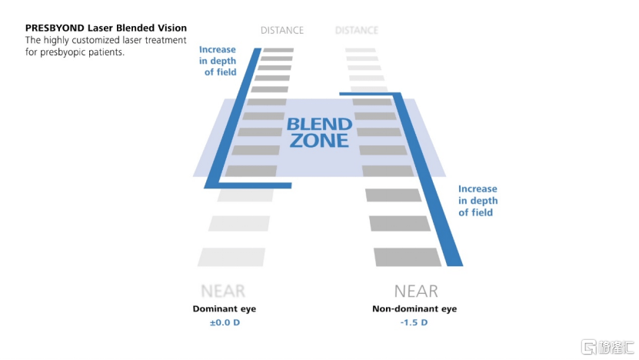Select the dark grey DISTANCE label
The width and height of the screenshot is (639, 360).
(x=281, y=31)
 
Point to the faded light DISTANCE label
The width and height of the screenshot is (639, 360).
(x=357, y=31)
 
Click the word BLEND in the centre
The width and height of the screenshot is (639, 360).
(x=319, y=124)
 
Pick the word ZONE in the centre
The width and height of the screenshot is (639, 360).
(x=319, y=141)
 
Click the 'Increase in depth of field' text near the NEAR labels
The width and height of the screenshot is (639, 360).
(x=478, y=200)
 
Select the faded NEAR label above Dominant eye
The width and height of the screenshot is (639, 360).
(x=223, y=292)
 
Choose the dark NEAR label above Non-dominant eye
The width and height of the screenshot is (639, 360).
(x=416, y=292)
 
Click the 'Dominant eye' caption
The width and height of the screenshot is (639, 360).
(x=225, y=308)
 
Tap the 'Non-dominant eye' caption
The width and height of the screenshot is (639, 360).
(x=414, y=308)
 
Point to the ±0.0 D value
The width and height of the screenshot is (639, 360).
(x=225, y=322)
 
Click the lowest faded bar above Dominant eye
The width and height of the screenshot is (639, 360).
(x=231, y=257)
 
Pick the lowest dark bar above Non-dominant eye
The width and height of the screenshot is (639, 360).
(x=408, y=257)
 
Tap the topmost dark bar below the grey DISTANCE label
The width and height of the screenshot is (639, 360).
(x=278, y=50)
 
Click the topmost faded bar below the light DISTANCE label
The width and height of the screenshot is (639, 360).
(x=360, y=50)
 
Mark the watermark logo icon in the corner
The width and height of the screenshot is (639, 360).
(x=589, y=347)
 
